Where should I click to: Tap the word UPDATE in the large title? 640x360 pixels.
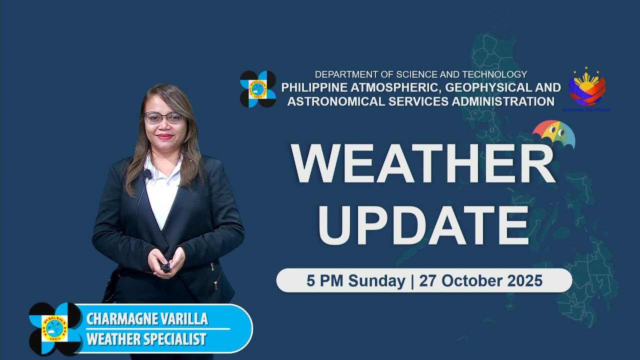point(423,223)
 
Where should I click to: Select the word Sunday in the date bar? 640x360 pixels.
point(376,281)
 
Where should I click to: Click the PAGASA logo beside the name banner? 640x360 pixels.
point(55,328)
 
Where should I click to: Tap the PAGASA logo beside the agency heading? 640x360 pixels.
point(258,89)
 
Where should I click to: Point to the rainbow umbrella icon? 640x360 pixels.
point(553,134)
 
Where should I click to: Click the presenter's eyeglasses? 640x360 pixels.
point(163,118)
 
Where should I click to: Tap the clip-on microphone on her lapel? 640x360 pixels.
point(147,174)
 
